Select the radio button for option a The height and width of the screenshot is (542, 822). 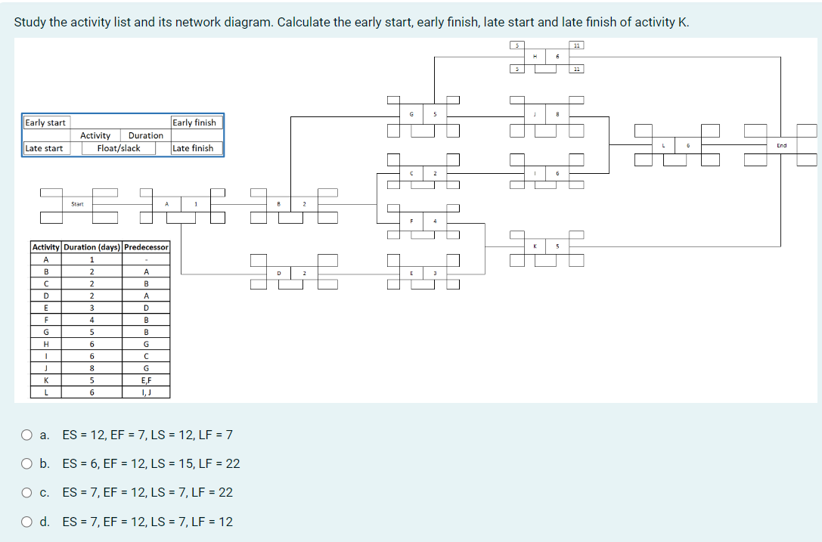point(27,435)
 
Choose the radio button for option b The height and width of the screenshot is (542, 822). point(27,463)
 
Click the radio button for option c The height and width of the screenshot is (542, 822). point(27,492)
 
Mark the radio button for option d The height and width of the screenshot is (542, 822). point(27,522)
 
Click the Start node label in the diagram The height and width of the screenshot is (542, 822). point(77,203)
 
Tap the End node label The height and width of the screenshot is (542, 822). point(781,145)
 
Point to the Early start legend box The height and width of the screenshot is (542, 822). point(45,122)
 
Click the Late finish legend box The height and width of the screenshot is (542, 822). point(194,148)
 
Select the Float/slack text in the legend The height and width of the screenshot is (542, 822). point(119,148)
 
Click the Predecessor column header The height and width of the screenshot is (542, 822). point(146,247)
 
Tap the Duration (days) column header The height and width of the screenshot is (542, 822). point(92,247)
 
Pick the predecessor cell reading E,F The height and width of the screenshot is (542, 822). point(146,380)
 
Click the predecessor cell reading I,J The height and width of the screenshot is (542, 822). point(146,392)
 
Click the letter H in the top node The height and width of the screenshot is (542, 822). point(535,56)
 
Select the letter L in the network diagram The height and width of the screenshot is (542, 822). point(662,145)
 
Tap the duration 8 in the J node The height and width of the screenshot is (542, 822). point(557,114)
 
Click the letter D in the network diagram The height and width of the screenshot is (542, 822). point(279,272)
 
